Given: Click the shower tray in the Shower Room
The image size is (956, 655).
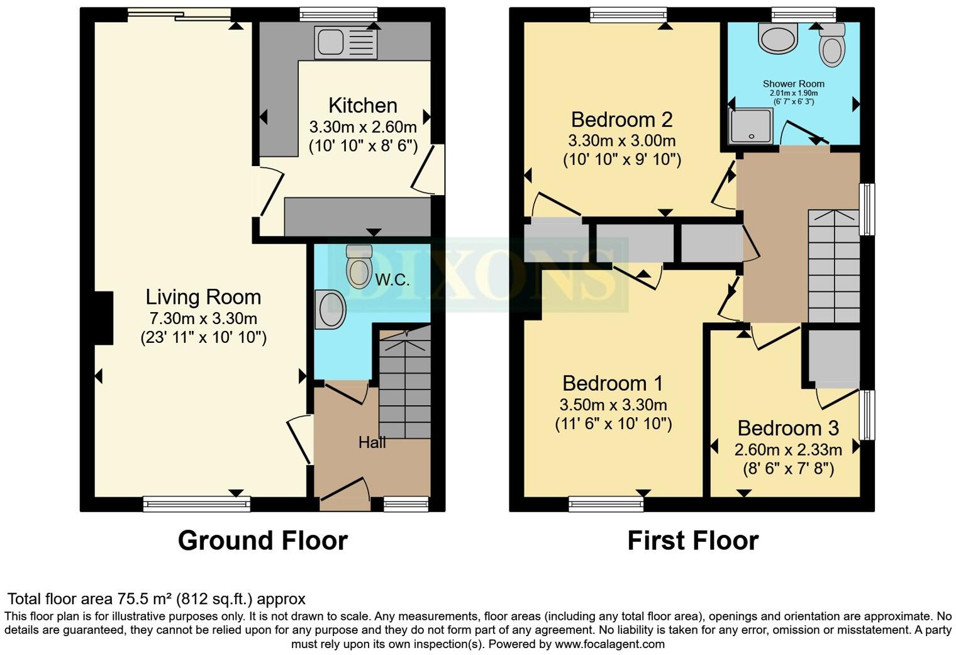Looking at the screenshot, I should coord(750,126).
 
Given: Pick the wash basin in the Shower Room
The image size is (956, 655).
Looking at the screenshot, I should coord(779,37).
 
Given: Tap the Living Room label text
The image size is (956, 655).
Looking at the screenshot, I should coord(203,296).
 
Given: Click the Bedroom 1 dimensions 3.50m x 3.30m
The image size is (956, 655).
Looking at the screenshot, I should coord(613,405).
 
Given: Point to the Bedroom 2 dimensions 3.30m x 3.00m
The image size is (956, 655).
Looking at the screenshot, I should coord(621,140).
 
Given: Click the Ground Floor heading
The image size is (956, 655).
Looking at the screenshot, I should coord(262,540).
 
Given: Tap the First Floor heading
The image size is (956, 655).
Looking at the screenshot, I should coord(692,540).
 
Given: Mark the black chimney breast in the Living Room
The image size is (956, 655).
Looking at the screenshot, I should coord(104,318).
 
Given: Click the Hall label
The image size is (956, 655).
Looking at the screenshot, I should coord(372,442).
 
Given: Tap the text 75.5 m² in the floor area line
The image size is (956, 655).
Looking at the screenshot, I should coord(142,598).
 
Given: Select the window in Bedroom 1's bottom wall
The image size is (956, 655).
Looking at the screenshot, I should coord(606,503).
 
